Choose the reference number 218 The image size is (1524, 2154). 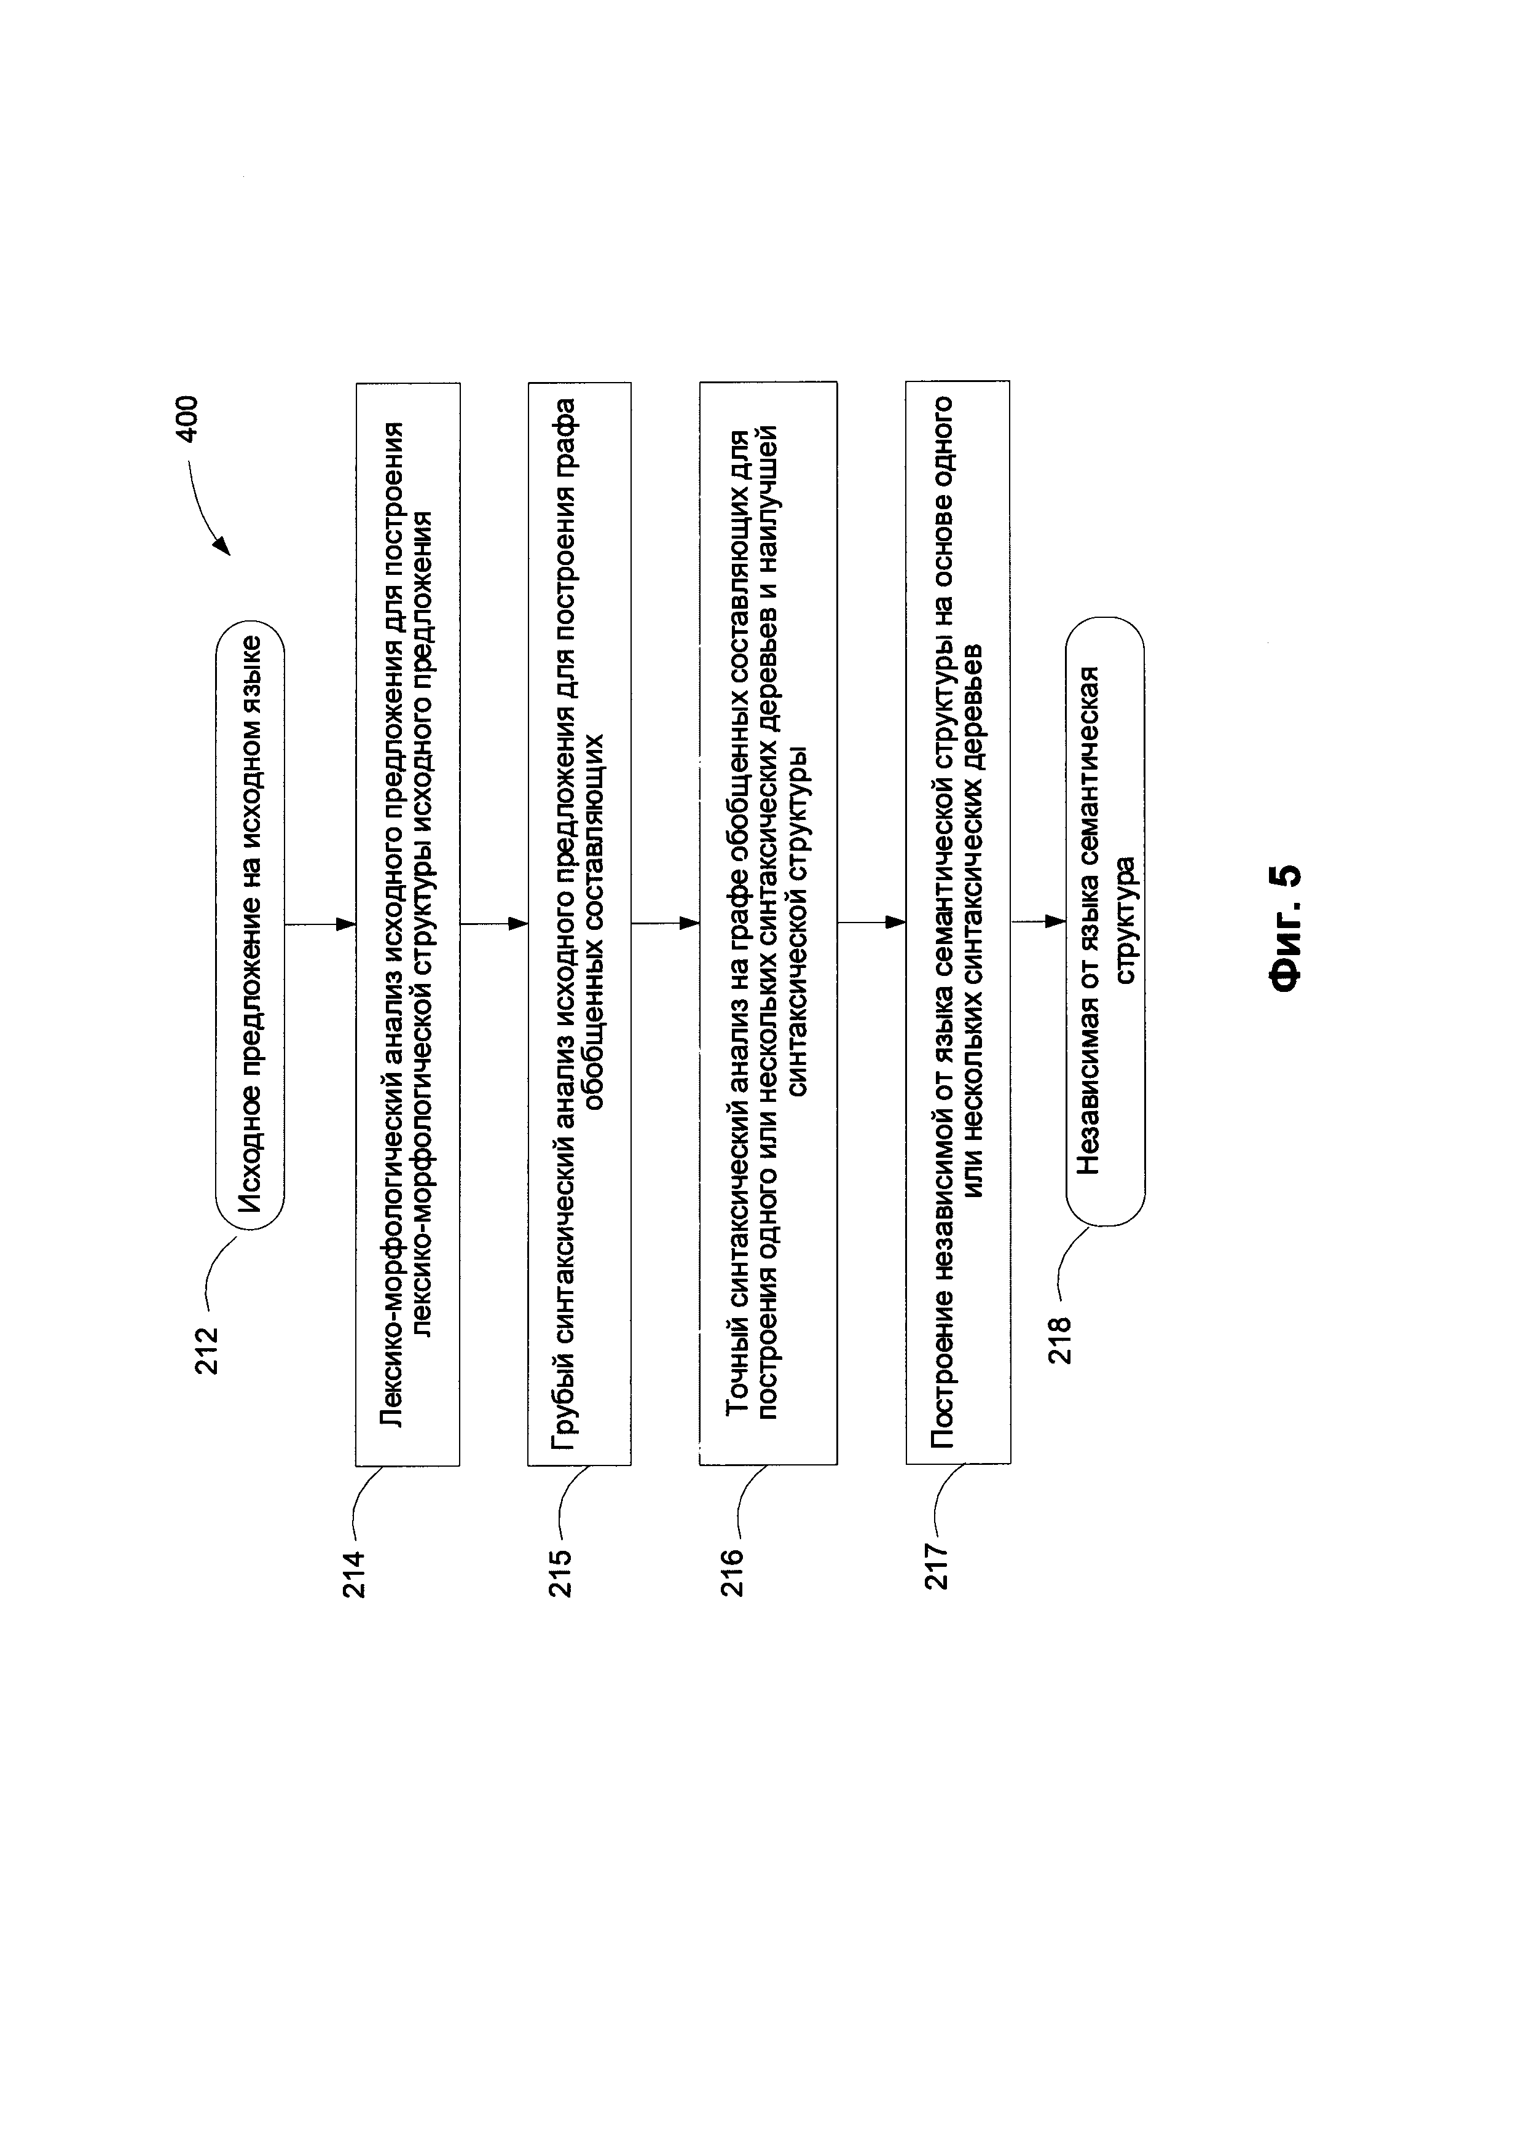coord(1059,1341)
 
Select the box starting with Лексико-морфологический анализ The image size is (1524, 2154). coord(407,924)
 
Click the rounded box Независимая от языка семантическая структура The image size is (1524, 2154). coord(1106,921)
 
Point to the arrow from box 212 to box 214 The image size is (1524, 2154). coord(320,924)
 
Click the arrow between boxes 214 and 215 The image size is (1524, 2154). coord(493,924)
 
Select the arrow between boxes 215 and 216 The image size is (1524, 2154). coord(666,924)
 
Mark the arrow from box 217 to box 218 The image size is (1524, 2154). coord(1039,922)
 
